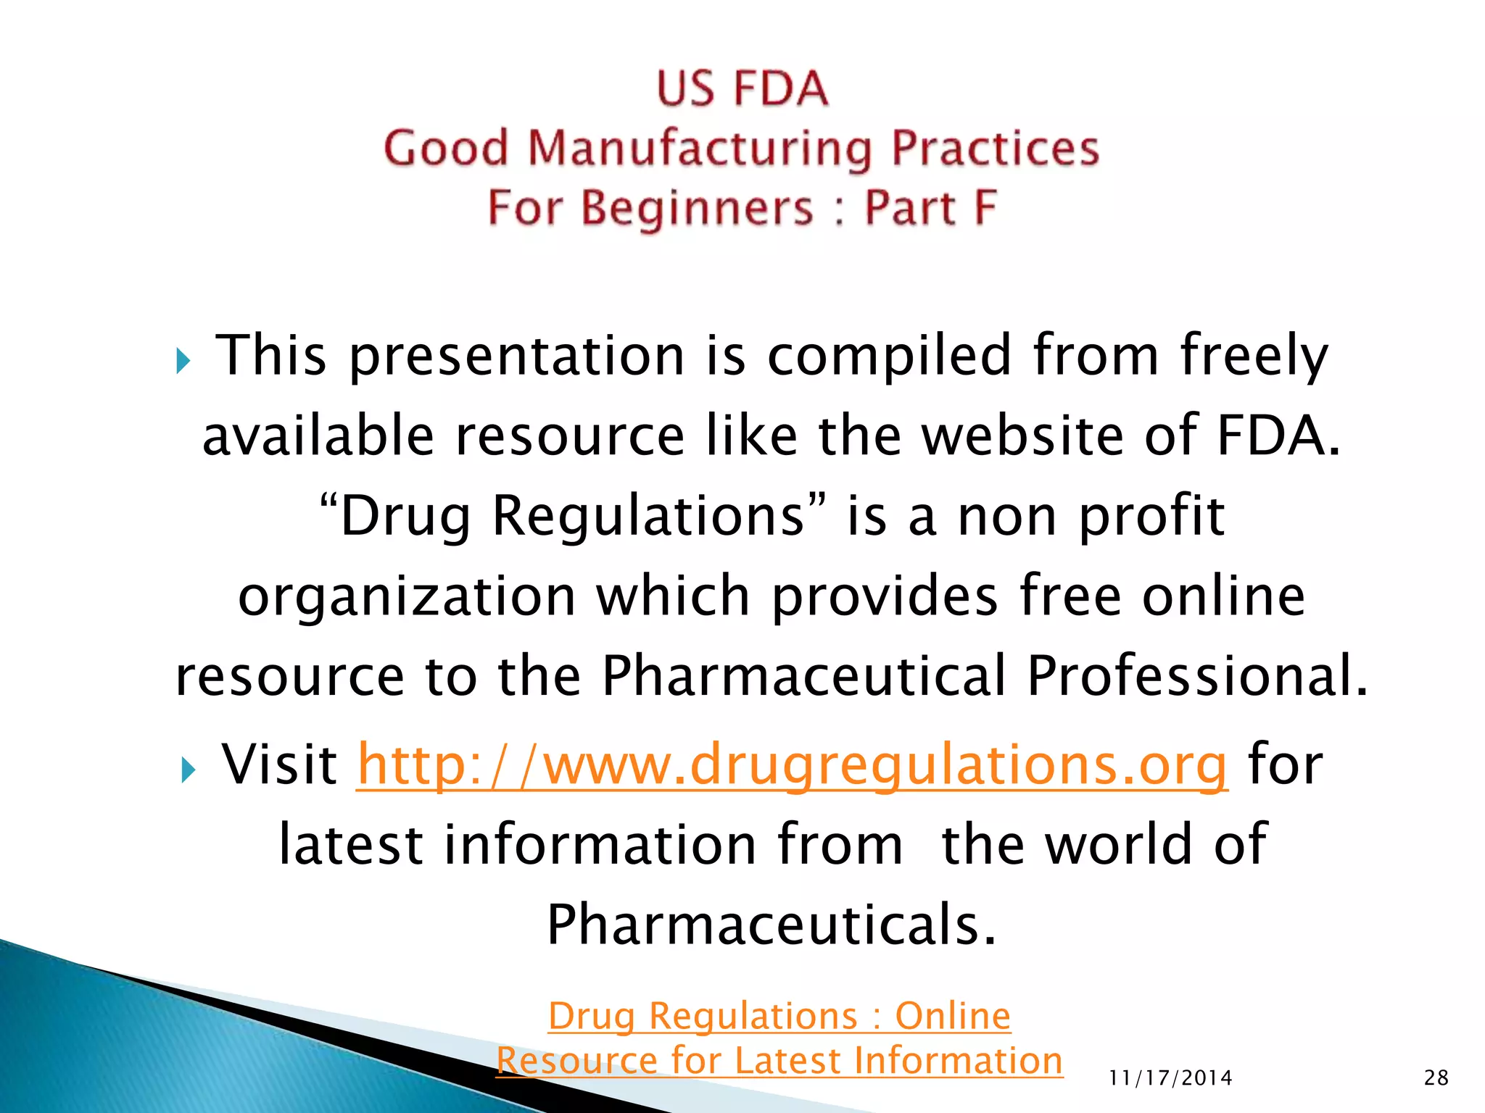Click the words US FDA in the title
pyautogui.click(x=742, y=88)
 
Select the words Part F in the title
pyautogui.click(x=931, y=208)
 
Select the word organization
pyautogui.click(x=407, y=596)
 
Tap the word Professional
pyautogui.click(x=1196, y=675)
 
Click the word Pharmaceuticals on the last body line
pyautogui.click(x=772, y=925)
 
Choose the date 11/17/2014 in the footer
pyautogui.click(x=1170, y=1078)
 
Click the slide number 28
pyautogui.click(x=1436, y=1078)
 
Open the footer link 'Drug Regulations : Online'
pyautogui.click(x=779, y=1016)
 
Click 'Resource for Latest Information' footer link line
pyautogui.click(x=779, y=1061)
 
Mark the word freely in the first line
pyautogui.click(x=1254, y=357)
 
